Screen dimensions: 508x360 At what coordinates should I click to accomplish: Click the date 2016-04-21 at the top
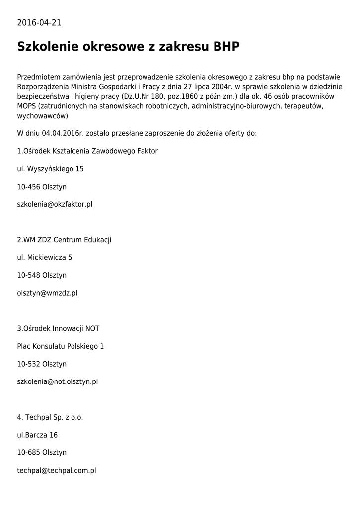[39, 22]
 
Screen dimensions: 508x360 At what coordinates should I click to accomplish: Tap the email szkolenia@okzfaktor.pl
[55, 204]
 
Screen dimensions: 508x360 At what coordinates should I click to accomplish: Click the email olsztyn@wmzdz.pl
[47, 293]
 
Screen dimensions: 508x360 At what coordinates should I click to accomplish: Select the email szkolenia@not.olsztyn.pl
[57, 381]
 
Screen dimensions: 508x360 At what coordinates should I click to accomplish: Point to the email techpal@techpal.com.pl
[56, 470]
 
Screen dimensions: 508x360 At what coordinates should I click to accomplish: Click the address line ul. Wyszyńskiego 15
[50, 169]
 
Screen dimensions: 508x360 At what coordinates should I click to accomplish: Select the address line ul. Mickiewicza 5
[45, 257]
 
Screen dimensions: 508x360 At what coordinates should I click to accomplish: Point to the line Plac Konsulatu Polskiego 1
[61, 346]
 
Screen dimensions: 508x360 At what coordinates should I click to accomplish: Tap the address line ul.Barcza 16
[37, 435]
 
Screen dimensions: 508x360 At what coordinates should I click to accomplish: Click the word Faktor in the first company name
[147, 151]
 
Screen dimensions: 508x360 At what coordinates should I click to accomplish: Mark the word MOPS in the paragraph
[27, 106]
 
